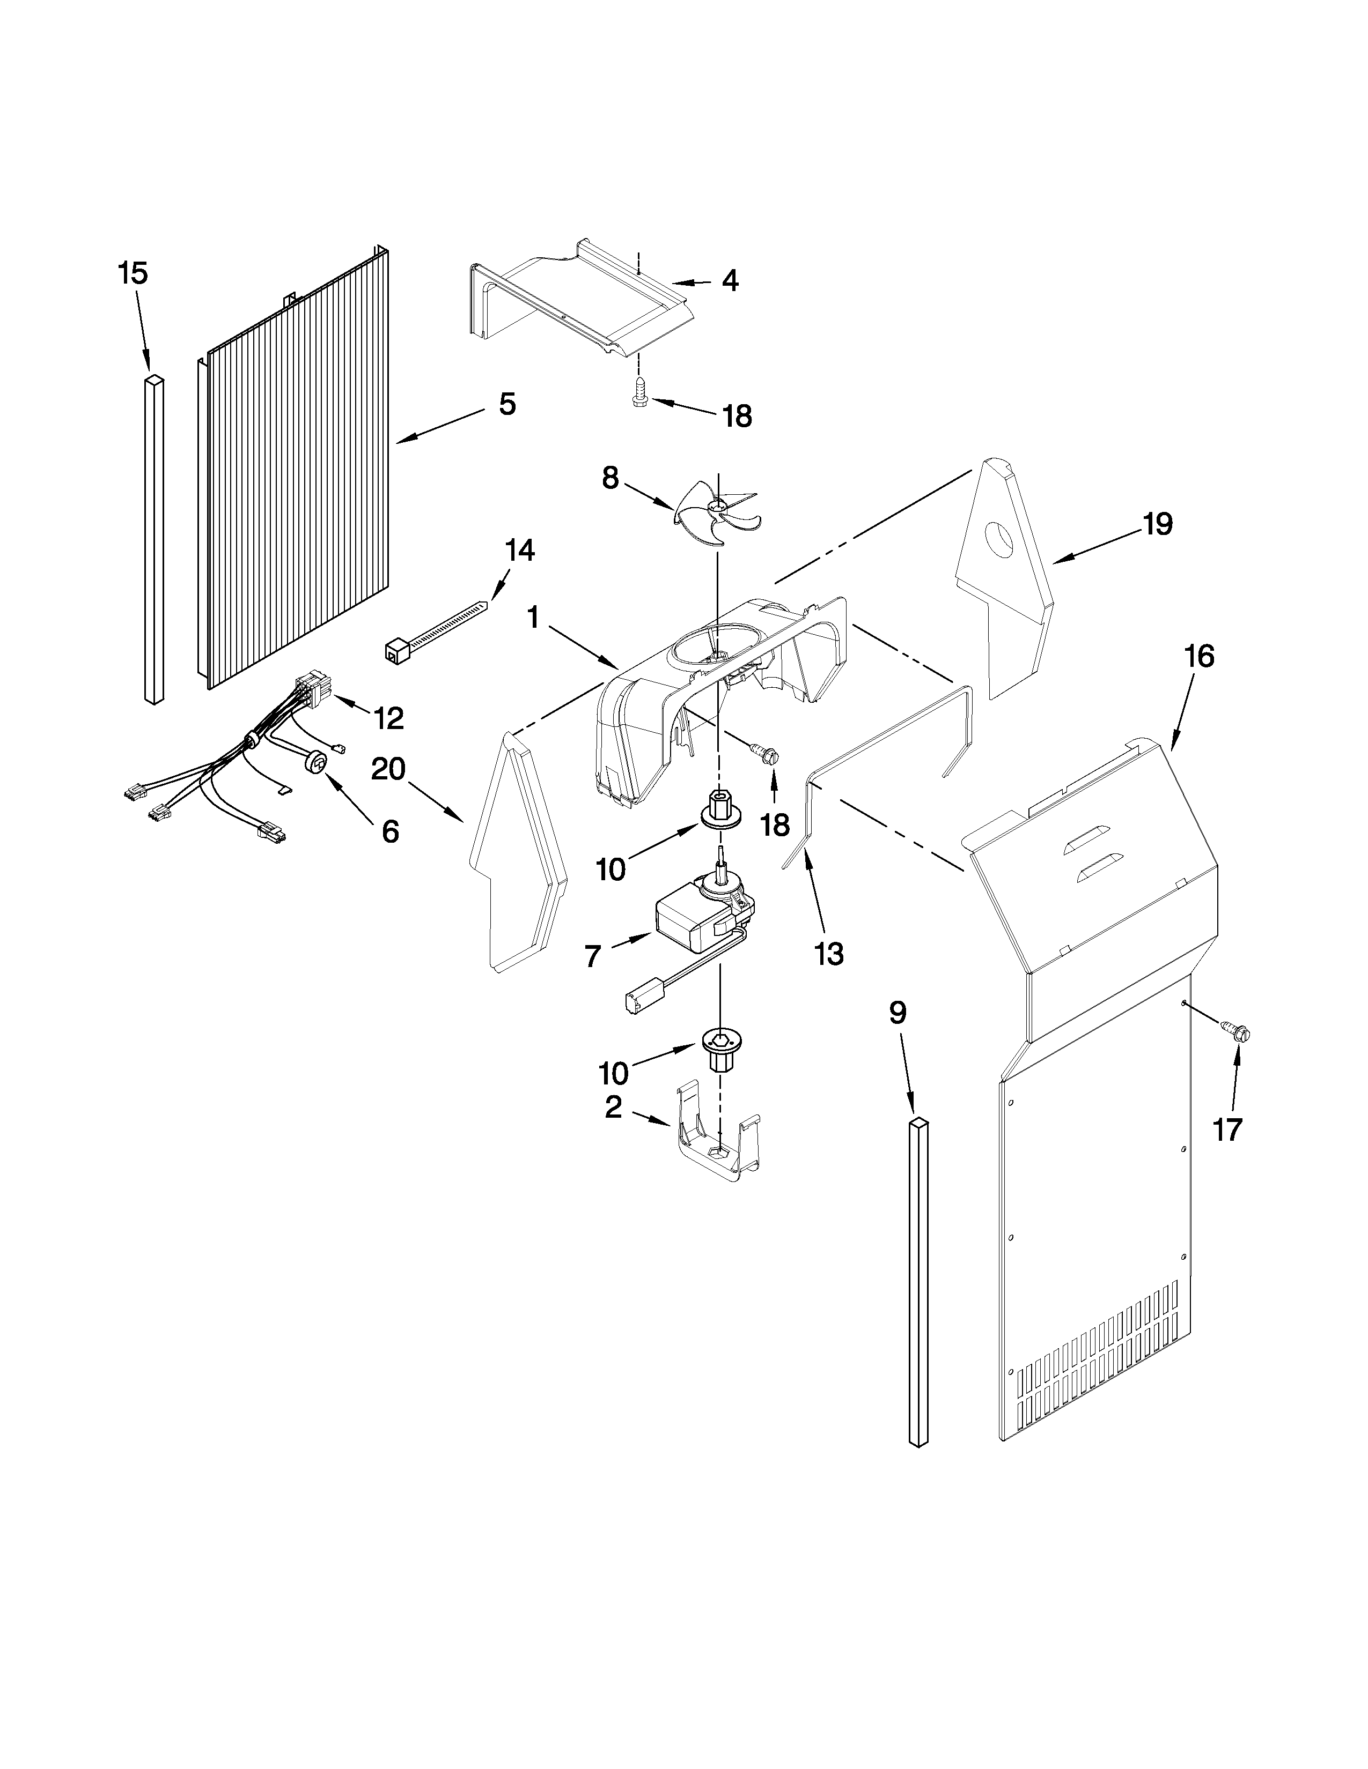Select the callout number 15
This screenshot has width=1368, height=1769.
pos(133,274)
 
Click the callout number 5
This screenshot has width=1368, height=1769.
pos(506,403)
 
